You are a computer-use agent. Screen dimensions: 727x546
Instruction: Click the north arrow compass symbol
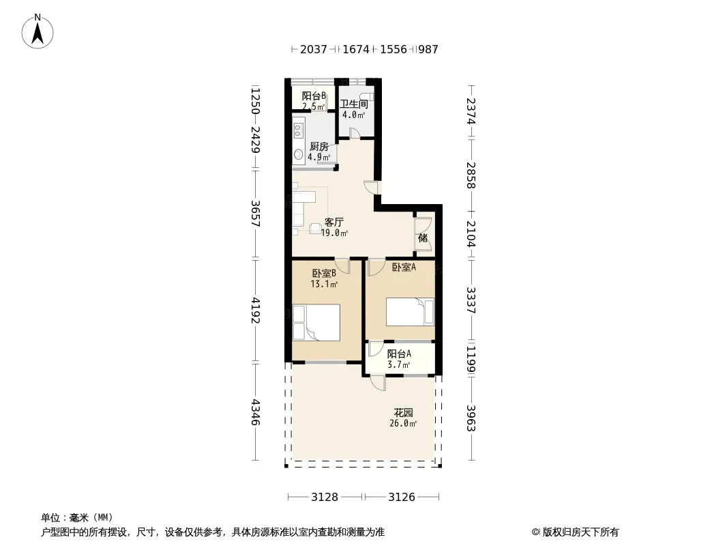tap(38, 31)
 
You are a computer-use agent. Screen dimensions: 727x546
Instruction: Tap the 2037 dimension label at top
tap(314, 49)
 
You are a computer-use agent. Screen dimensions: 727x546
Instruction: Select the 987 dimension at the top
tap(428, 49)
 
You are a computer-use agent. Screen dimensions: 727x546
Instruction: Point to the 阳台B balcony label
tap(314, 96)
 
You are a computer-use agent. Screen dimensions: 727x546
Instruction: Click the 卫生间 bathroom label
tap(354, 104)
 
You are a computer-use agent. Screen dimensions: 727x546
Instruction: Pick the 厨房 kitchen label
tap(319, 147)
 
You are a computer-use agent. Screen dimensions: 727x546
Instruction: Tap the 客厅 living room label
tap(333, 222)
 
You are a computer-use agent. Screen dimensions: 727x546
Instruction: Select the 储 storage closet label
tap(423, 238)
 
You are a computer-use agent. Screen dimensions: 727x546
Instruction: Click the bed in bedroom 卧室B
tap(316, 322)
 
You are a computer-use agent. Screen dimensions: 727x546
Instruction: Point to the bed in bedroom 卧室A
tap(411, 312)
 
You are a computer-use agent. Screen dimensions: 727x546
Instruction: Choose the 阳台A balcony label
tap(399, 354)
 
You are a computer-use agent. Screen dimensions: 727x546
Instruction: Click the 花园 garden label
tap(403, 412)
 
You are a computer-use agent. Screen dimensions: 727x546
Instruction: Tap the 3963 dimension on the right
tap(471, 418)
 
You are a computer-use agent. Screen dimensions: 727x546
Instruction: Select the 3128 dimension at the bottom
tap(325, 498)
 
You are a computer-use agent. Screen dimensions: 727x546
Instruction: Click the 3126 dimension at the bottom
tap(402, 498)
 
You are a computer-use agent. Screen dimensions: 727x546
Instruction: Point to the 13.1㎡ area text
tap(324, 284)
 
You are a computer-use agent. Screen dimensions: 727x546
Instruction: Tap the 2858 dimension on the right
tap(471, 175)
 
